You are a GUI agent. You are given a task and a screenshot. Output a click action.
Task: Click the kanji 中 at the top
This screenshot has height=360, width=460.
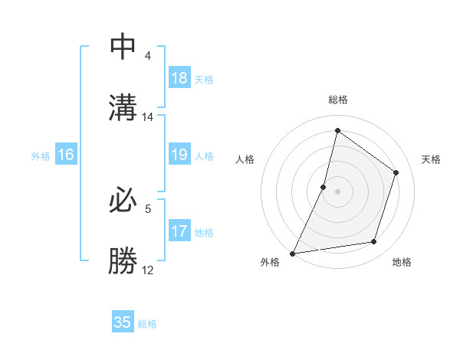coord(123,47)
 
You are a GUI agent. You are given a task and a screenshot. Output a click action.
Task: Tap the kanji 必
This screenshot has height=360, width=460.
coord(123,201)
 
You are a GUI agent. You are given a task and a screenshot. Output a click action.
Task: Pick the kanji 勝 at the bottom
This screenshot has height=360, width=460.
coord(123,261)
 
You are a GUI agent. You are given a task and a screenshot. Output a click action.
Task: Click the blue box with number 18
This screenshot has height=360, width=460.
coord(179,78)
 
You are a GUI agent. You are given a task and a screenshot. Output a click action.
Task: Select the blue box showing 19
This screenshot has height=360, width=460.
coord(179,155)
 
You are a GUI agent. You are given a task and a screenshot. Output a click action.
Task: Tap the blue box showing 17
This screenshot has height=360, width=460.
coord(179,231)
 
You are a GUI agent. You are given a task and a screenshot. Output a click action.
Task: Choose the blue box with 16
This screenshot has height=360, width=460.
coord(66,155)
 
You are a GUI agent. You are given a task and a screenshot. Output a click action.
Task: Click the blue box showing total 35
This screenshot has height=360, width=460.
coord(123,322)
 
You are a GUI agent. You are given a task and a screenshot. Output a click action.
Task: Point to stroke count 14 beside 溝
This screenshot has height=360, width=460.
coord(148,117)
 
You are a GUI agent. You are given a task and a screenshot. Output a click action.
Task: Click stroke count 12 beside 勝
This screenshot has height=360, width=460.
coord(148,270)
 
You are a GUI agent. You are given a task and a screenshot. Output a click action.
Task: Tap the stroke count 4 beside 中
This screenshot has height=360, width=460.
coord(148,56)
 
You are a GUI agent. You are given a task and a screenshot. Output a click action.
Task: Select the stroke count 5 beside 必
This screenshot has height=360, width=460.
coord(148,208)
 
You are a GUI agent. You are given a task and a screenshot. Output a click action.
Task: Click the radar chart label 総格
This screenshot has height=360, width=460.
coord(338,100)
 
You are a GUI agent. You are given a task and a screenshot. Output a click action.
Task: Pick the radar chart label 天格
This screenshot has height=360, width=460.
coord(431,159)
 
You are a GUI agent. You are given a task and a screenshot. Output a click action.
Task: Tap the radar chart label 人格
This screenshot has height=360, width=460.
coord(245,159)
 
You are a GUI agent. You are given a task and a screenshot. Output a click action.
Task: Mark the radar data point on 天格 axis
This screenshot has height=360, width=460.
coord(396,172)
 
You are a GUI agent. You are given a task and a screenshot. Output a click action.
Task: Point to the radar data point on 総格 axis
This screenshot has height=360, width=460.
coord(337,130)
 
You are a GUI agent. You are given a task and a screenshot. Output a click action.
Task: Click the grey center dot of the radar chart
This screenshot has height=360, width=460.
coord(337,191)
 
